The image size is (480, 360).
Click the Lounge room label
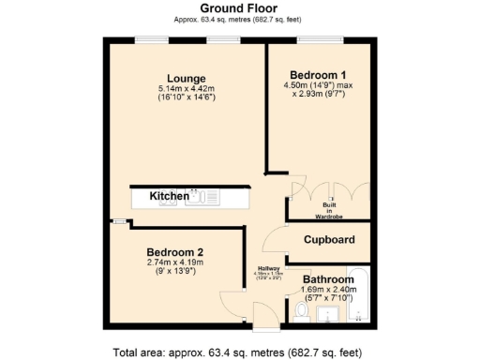pos(187,78)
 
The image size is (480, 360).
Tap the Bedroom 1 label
pos(318,75)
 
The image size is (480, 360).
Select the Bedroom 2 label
pos(175,252)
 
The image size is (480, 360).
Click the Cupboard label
pos(329,240)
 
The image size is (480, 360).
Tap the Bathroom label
pos(328,280)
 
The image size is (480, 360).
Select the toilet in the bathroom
pos(301,310)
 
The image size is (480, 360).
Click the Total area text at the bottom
pos(237,352)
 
